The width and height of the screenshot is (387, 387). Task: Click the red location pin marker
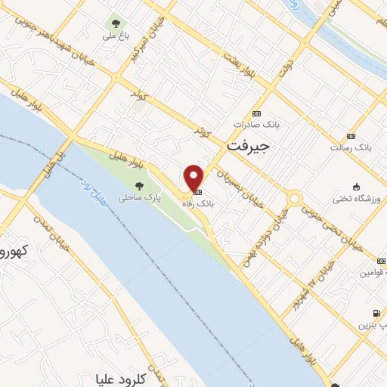[x=194, y=178]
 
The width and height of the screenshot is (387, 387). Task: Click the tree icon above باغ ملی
[x=116, y=21]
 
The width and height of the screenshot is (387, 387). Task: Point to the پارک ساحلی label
[x=135, y=198]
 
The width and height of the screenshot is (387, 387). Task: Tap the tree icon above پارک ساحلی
[x=138, y=185]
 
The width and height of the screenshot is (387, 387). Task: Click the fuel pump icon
[x=375, y=313]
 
